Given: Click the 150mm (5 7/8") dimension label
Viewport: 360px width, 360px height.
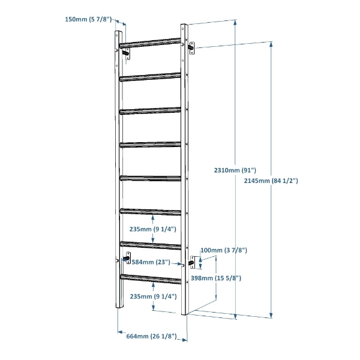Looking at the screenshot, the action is [88, 19].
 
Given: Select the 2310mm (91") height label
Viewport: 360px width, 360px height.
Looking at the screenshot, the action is [235, 170].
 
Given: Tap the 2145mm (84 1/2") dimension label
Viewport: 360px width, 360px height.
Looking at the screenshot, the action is [271, 181].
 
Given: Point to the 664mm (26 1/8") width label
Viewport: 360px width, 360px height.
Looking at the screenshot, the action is [152, 336].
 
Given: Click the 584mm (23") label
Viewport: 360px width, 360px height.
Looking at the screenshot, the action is [151, 262].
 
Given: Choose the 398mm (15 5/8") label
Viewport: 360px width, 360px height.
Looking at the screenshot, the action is [216, 278].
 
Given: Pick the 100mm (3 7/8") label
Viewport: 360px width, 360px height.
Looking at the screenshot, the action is [224, 250].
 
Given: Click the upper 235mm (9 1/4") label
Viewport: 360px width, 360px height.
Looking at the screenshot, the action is [152, 229].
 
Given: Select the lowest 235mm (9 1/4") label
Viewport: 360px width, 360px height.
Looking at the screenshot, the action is [154, 296].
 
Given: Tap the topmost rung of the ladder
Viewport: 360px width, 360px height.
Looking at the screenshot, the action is [150, 43].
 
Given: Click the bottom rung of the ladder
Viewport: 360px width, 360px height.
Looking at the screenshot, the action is [151, 279].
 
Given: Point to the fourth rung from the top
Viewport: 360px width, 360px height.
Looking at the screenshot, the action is [151, 145].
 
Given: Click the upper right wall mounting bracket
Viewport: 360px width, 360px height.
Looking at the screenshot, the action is [191, 48].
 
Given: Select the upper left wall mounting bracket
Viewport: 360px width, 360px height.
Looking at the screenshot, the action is [127, 54].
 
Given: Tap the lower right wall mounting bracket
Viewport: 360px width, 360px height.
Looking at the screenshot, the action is [192, 262].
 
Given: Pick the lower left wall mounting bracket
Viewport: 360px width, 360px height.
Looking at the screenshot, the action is [127, 258].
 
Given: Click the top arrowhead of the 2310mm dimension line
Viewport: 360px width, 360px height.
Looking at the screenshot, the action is [235, 22].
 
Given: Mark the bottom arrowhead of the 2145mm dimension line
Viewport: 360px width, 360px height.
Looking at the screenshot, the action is [271, 315].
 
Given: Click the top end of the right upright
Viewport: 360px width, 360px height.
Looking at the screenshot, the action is [184, 25].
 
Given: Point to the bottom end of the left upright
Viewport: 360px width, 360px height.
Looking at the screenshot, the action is [119, 308].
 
